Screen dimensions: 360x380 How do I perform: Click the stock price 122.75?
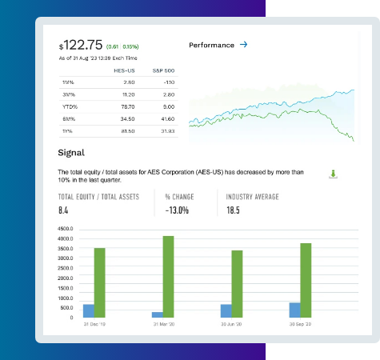pos(84,46)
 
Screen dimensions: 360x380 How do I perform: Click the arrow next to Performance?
pos(243,45)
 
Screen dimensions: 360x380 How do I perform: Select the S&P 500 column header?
pos(164,70)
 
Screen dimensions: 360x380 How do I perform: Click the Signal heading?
pos(71,152)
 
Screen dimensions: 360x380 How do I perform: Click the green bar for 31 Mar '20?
pos(168,277)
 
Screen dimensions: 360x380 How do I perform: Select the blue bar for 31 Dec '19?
pos(89,310)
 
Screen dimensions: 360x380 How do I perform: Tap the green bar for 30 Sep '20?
pos(305,280)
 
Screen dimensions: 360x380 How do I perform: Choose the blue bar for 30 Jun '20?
pos(226,310)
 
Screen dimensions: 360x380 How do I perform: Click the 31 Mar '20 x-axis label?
pos(163,325)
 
